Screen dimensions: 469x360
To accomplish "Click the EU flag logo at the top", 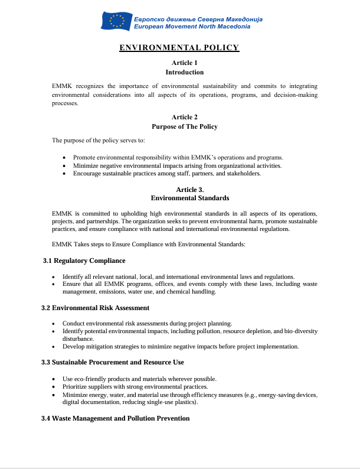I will (x=116, y=22).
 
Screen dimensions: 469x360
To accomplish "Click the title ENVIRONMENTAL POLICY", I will (x=179, y=48).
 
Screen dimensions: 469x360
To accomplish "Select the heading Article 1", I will (x=184, y=63).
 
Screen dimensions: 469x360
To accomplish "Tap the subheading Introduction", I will (x=184, y=72).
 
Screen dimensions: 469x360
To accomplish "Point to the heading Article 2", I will (x=184, y=117).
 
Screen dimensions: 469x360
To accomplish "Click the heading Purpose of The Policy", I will (x=184, y=126).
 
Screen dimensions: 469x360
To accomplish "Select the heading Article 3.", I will (x=185, y=189).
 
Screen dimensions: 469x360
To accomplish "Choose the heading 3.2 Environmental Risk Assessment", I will (x=95, y=308).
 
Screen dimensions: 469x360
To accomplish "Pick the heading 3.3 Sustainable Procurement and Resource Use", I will (x=112, y=362).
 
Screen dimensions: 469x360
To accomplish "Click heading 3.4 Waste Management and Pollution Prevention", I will (x=115, y=418).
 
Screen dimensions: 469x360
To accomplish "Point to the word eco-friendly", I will (x=90, y=379).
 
